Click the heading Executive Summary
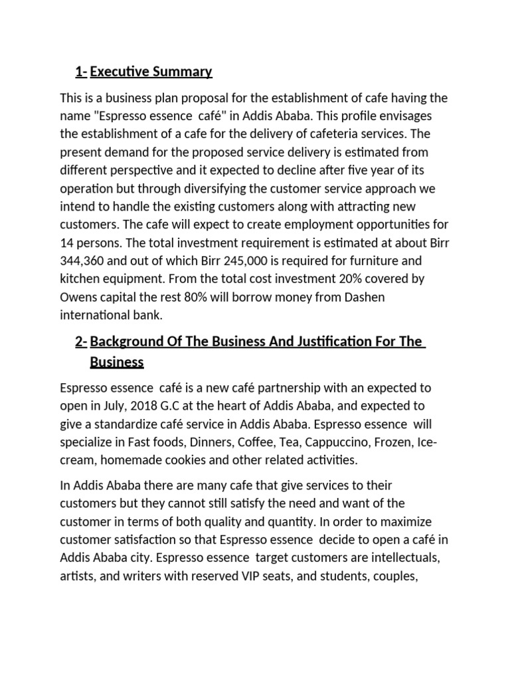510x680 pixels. coord(151,71)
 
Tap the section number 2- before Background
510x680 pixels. coord(81,341)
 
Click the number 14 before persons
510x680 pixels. coord(67,242)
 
